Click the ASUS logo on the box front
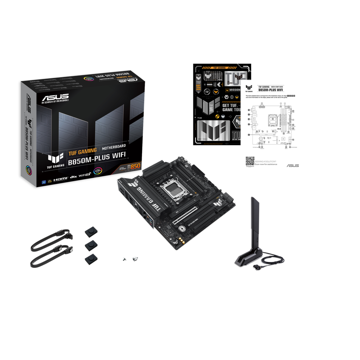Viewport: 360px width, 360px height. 55,98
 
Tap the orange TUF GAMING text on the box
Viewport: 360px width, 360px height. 82,152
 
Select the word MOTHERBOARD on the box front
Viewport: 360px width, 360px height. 114,146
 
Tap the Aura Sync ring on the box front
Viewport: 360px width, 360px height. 96,172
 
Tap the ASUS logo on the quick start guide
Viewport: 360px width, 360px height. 292,166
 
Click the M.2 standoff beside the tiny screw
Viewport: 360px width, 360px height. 134,259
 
